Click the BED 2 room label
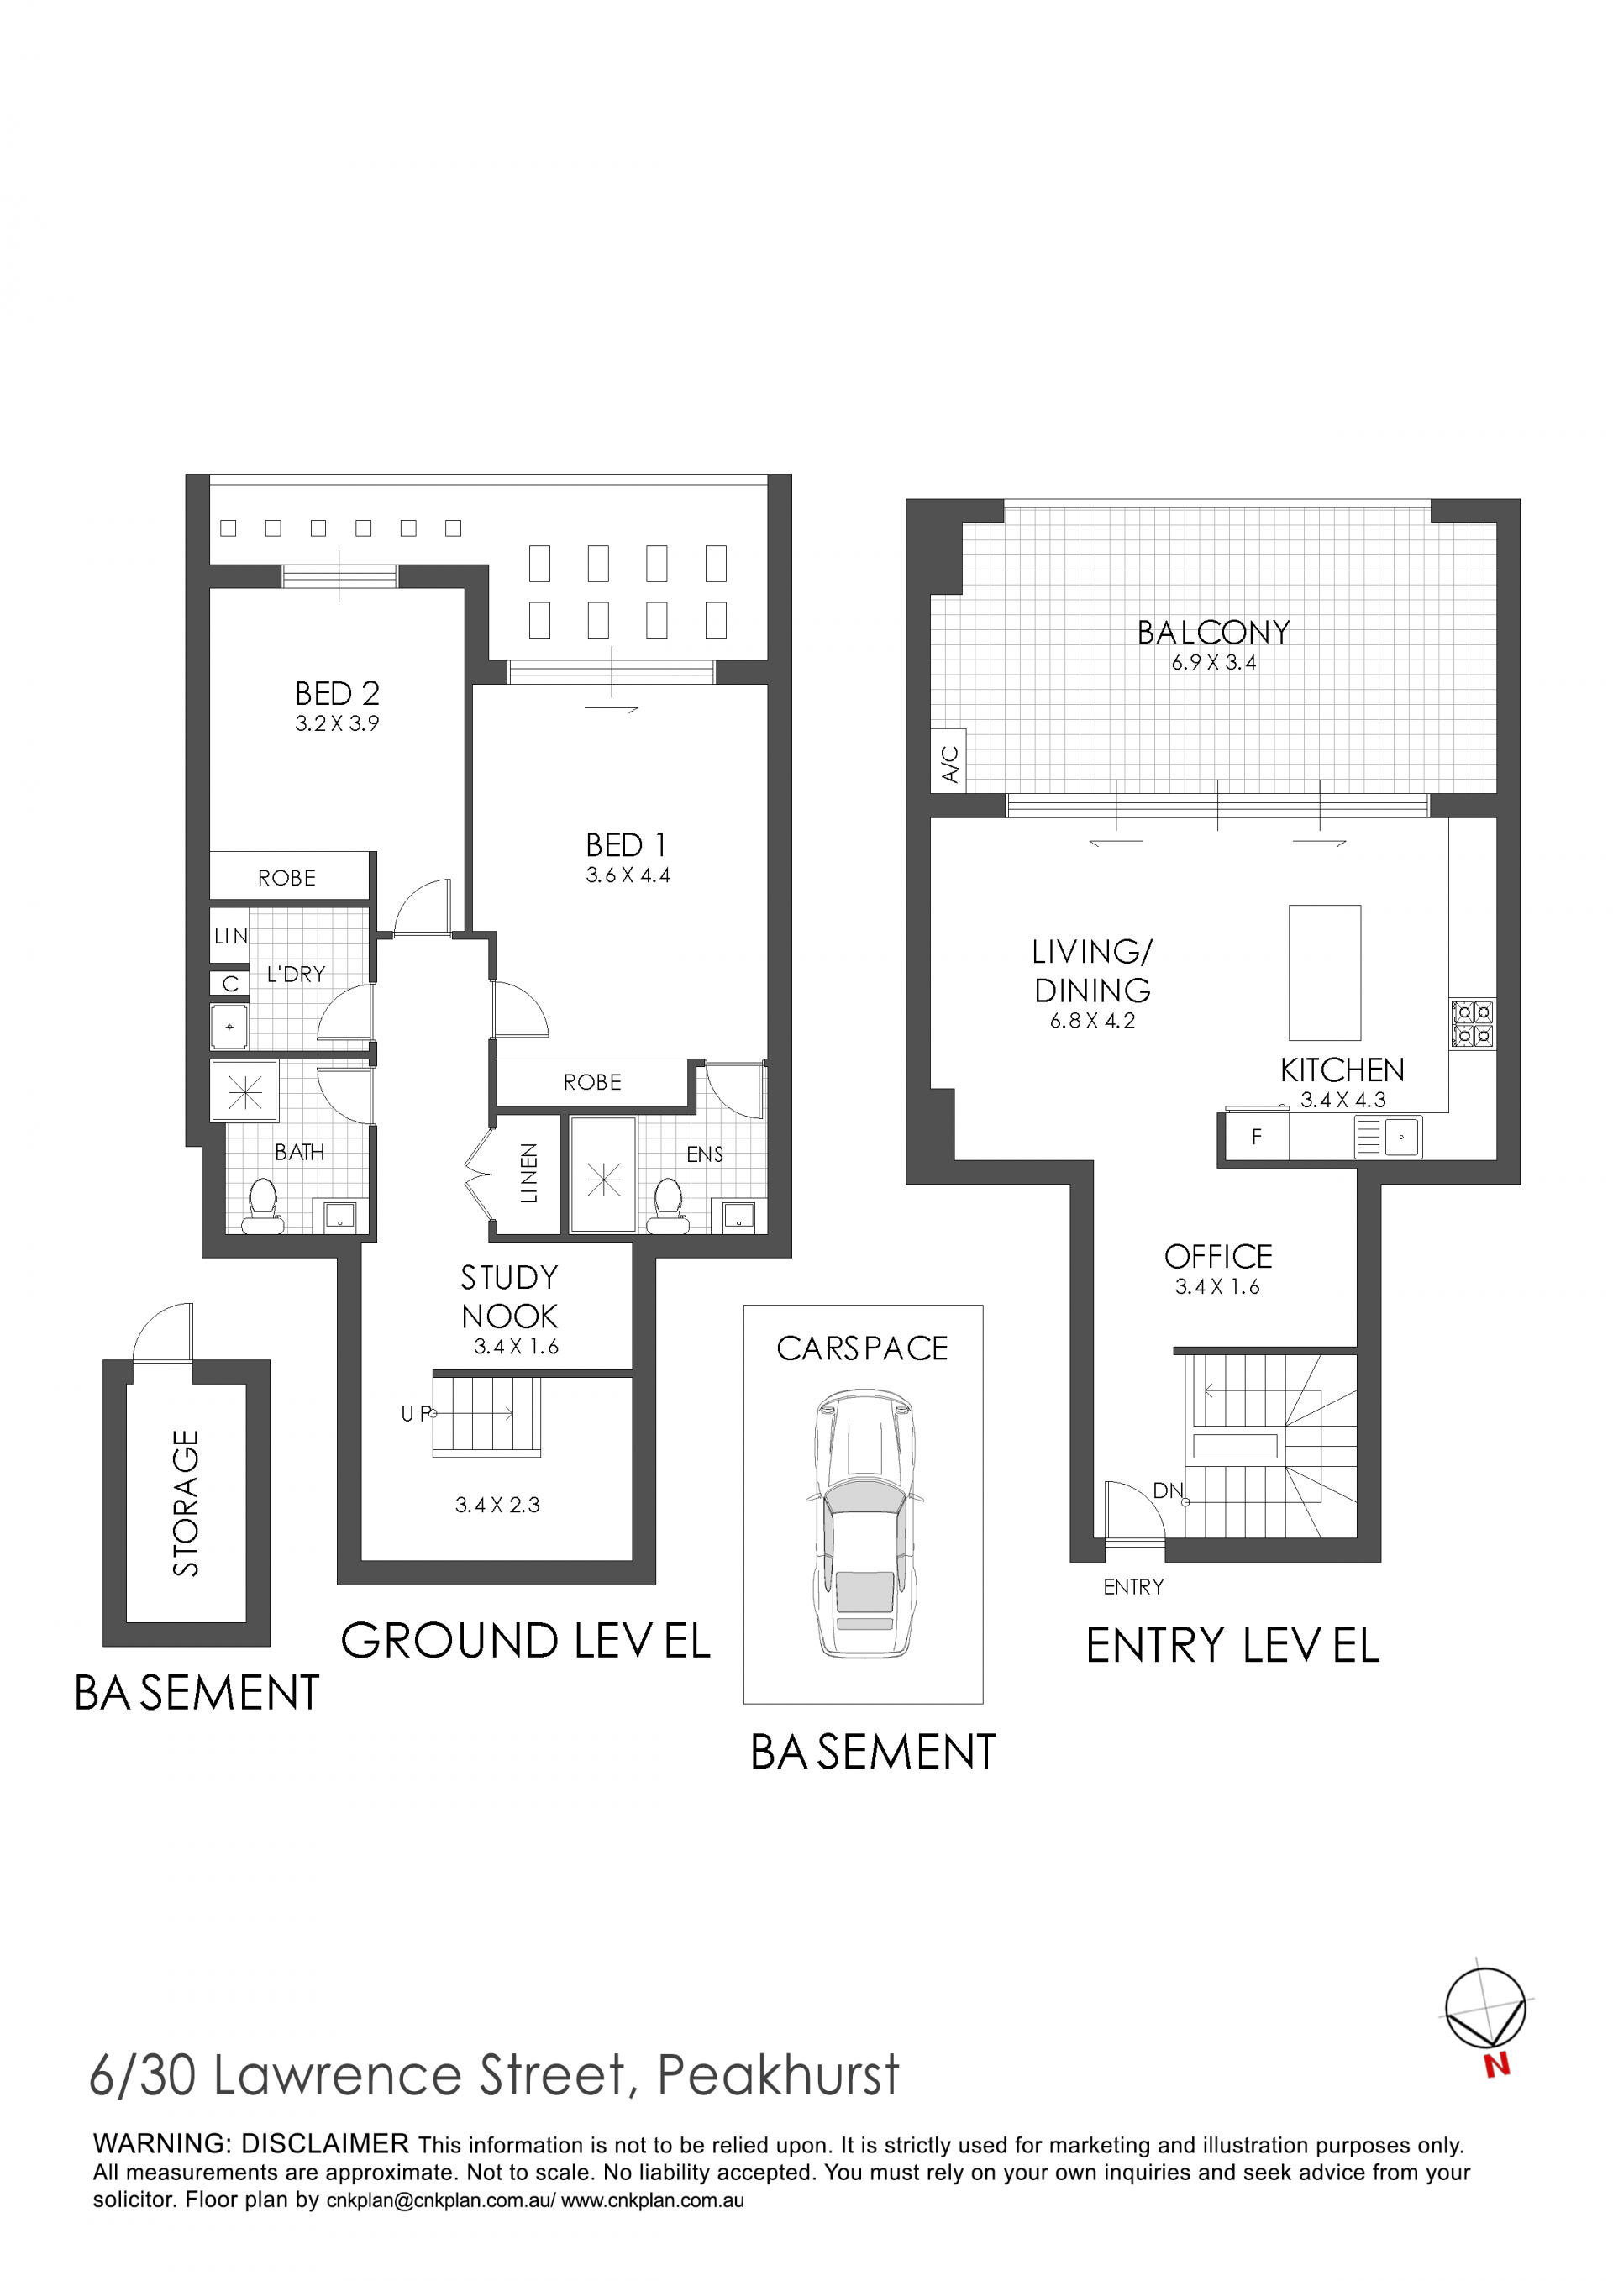(337, 693)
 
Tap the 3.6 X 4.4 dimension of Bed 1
(628, 875)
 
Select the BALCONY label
(1213, 632)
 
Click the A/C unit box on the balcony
(948, 763)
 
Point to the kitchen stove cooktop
(1472, 1023)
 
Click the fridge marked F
(1257, 1137)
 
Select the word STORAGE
(186, 1503)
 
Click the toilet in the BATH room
(262, 1205)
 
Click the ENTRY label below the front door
(1133, 1586)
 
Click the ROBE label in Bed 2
(287, 878)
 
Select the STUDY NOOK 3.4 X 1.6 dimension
(517, 1347)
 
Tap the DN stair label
(1167, 1490)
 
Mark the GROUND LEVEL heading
(525, 1641)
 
